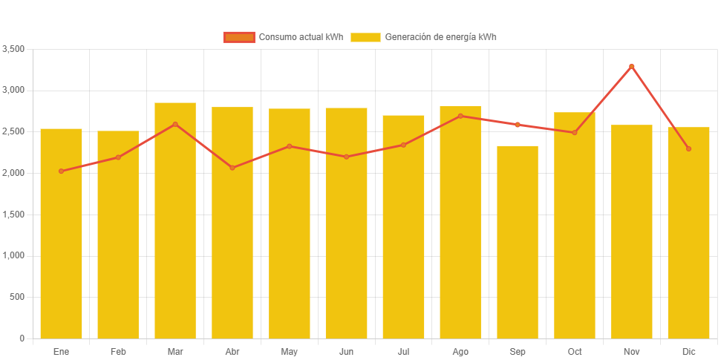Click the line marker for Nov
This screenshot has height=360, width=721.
[x=632, y=66]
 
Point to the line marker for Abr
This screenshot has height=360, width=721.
[x=232, y=168]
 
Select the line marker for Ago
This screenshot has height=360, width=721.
[x=460, y=116]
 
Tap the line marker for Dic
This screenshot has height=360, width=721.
[x=688, y=148]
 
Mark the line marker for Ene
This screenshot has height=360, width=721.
[x=61, y=171]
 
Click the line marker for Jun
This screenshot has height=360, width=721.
[x=346, y=157]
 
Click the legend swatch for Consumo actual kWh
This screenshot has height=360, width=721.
[x=239, y=37]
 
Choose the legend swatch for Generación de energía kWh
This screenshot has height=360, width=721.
[x=365, y=37]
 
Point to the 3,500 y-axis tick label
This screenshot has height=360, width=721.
[x=14, y=49]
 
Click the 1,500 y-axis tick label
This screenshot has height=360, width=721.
[x=14, y=215]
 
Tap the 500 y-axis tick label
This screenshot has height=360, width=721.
[x=18, y=297]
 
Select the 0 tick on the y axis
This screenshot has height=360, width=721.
[x=22, y=338]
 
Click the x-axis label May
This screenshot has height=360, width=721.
[x=289, y=351]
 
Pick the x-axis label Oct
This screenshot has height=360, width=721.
[x=575, y=351]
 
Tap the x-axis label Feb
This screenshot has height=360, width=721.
[x=118, y=351]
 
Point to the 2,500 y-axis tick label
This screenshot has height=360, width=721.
[x=14, y=131]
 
